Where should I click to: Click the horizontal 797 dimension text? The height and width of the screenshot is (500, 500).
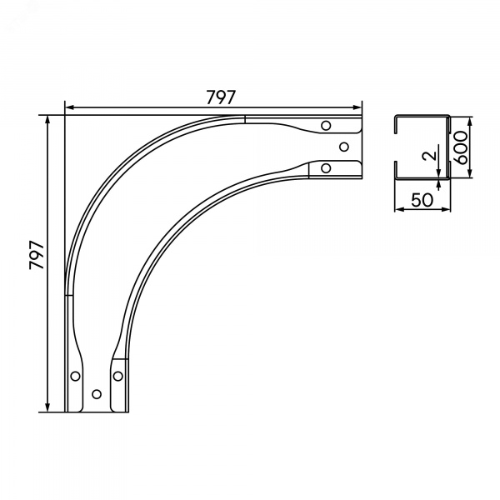[x=221, y=97]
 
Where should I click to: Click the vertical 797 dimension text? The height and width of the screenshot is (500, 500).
[x=37, y=255]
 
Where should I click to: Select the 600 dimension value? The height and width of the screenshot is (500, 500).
[x=460, y=147]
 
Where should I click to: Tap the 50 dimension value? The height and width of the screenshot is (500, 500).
[x=422, y=200]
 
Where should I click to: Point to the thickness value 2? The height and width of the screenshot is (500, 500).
[x=429, y=156]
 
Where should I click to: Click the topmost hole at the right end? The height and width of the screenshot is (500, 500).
[x=326, y=125]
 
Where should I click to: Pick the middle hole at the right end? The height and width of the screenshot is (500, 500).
[x=344, y=147]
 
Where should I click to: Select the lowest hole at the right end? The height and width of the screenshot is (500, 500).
[x=326, y=168]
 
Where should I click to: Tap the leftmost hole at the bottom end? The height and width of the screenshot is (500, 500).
[x=75, y=377]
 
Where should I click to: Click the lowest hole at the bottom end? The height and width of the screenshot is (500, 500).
[x=97, y=394]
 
